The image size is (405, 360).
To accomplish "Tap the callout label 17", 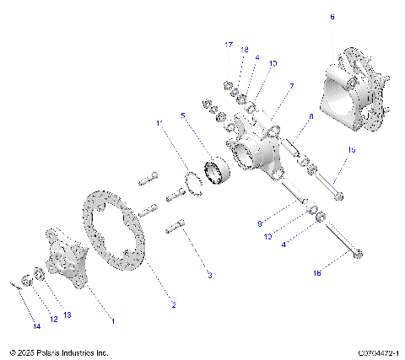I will [229, 44].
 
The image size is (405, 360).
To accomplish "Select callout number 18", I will [246, 50].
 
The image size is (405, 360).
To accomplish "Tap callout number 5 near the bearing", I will [182, 115].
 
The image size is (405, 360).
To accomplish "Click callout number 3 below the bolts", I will [209, 275].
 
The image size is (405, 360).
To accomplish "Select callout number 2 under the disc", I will [173, 304].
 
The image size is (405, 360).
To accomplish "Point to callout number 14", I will [35, 325].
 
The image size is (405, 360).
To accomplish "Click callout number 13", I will [67, 314].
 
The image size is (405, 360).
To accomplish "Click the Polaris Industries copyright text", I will [59, 352].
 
